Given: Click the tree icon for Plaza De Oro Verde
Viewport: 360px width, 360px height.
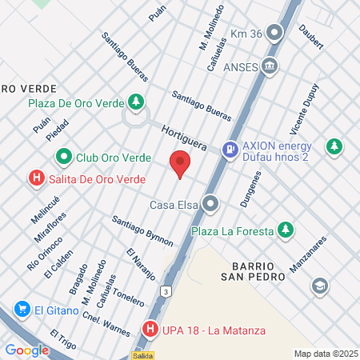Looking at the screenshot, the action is point(137,102).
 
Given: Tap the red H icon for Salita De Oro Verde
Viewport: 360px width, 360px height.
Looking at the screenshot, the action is point(36,178).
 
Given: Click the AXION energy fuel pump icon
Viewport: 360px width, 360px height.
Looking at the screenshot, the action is point(230,148).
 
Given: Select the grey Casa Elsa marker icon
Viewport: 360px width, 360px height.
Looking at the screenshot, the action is point(210,205).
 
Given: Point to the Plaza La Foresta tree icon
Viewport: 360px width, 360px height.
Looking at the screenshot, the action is point(284,231).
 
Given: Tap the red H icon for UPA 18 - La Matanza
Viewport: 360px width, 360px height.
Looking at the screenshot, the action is point(150,329).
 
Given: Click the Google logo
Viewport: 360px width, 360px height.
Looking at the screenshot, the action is point(26,350).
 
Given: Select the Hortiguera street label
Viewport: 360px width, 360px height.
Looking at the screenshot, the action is point(184,137).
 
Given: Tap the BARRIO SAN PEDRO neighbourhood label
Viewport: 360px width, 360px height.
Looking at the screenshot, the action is point(254,270).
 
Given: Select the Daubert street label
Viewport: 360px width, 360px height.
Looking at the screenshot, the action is point(311,37).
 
